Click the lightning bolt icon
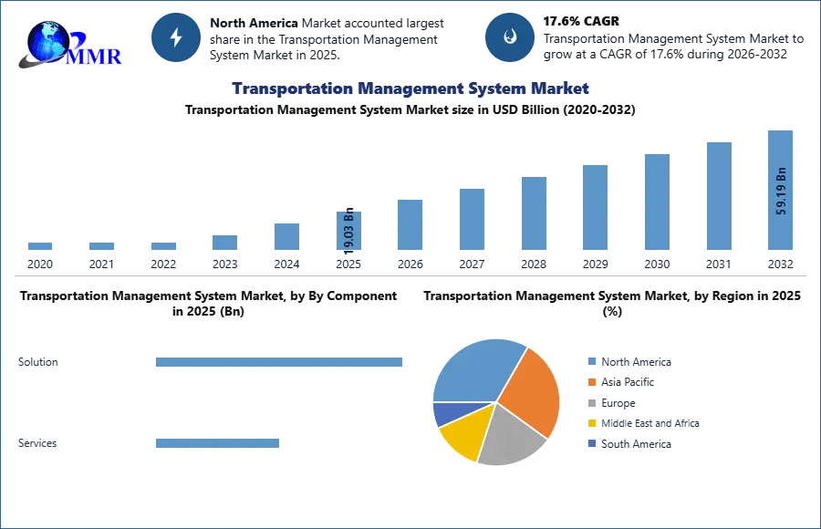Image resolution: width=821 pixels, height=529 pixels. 176,37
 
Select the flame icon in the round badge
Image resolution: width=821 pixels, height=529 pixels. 510,37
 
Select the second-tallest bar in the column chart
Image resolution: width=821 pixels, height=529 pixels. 718,196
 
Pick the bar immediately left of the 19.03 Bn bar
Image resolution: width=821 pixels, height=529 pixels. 285,235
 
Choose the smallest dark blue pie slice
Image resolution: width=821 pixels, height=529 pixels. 443,414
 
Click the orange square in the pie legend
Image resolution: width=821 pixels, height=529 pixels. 592,382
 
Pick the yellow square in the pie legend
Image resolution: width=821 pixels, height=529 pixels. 592,423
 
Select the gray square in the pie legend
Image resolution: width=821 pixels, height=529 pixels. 592,402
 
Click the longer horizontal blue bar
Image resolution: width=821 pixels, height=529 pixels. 280,365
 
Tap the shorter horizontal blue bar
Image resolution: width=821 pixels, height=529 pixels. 218,445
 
